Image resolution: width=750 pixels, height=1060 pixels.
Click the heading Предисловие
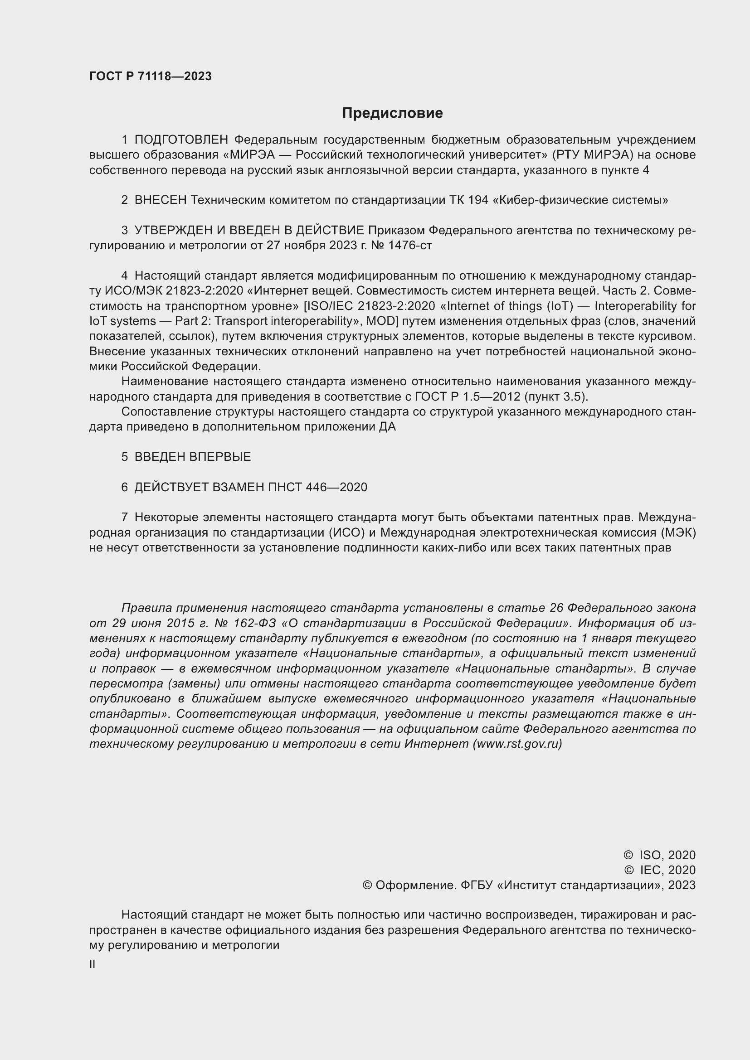click(392, 113)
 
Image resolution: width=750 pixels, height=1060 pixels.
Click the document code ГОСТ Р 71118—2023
click(151, 76)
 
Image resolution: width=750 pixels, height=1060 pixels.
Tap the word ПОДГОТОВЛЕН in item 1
click(181, 140)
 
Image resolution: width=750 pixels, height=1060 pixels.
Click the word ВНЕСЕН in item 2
click(161, 200)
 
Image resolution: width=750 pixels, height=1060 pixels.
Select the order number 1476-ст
click(409, 246)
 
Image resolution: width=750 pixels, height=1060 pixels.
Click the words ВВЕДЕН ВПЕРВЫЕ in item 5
click(193, 457)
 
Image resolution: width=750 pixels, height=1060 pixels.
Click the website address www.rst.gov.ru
click(517, 744)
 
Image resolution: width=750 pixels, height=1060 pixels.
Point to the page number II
click(93, 964)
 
